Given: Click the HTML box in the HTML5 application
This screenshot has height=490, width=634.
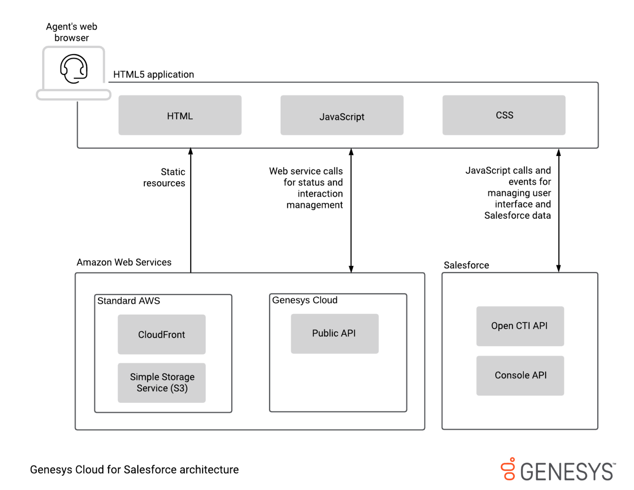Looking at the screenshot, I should (x=180, y=115).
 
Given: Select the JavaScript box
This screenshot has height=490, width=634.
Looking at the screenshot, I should (x=342, y=115).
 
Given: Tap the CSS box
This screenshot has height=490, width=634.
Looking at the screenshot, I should (x=504, y=115).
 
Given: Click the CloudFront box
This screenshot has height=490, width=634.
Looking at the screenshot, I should (x=161, y=334).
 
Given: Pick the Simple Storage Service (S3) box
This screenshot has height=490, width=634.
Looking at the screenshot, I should (x=161, y=383).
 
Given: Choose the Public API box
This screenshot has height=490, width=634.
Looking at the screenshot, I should (x=334, y=334).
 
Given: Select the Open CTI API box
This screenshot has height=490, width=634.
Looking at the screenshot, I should (x=520, y=326).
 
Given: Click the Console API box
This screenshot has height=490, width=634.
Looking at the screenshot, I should (x=520, y=376).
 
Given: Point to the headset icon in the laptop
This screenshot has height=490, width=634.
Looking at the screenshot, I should (x=74, y=69).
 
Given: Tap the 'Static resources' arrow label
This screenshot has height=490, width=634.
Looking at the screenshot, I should (x=164, y=178).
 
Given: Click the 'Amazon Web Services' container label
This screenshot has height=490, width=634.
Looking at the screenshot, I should (x=124, y=263).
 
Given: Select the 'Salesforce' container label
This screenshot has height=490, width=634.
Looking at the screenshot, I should (x=466, y=265).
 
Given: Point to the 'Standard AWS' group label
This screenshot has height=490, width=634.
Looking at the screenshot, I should (x=128, y=301).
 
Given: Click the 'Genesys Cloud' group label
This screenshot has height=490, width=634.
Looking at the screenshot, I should (x=305, y=300).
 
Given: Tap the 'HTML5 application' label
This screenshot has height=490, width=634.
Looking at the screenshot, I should (x=154, y=75).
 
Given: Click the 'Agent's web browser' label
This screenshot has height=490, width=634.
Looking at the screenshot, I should (x=71, y=32).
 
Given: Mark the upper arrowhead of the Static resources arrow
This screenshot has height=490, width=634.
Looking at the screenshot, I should (x=191, y=151).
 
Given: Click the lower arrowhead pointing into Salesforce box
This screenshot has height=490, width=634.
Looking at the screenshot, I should (x=558, y=268).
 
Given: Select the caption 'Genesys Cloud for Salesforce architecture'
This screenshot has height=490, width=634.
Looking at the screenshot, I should (x=134, y=470).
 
